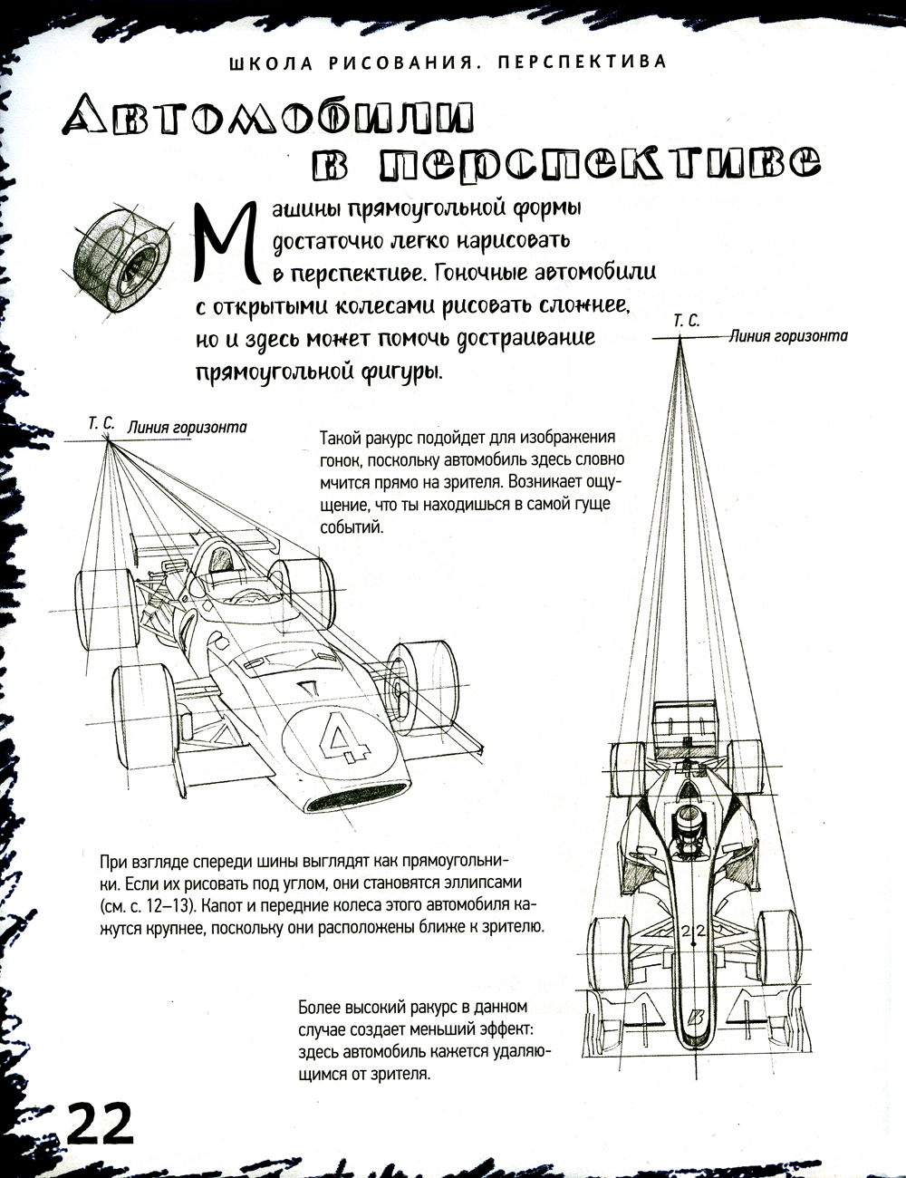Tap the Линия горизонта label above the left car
(x=187, y=427)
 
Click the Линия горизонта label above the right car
(x=788, y=336)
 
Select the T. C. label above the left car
(x=101, y=423)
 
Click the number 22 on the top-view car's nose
(x=692, y=931)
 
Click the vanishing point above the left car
(x=107, y=440)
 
